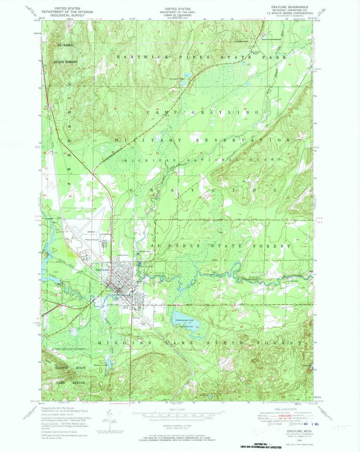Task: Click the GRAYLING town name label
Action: [x=103, y=270]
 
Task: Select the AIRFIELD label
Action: [x=91, y=232]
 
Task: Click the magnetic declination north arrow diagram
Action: [x=110, y=418]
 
